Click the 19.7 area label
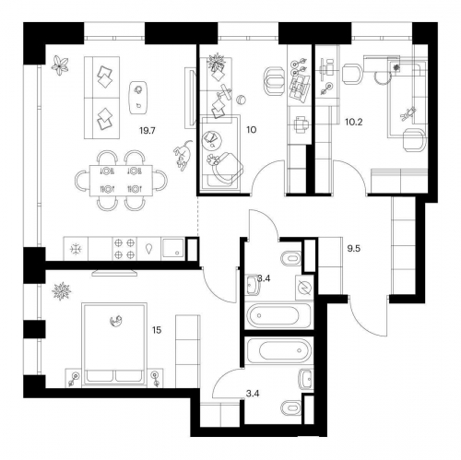pos(148,131)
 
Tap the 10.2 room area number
pos(354,122)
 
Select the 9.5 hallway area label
pos(354,248)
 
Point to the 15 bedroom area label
pos(157,330)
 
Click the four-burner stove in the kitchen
pos(124,249)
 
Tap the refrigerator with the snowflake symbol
pos(76,249)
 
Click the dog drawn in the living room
pos(183,155)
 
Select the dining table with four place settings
pos(121,181)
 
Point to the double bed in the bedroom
pos(114,344)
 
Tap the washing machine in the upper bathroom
pos(304,288)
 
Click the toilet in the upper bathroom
pos(291,258)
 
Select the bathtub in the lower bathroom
pos(279,350)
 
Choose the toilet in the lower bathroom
pos(291,407)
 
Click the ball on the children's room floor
pos(242,100)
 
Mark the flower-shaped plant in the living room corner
pos(60,65)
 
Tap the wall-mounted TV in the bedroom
pos(114,273)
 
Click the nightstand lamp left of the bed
pos(74,378)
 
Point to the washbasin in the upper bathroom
pos(253,285)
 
